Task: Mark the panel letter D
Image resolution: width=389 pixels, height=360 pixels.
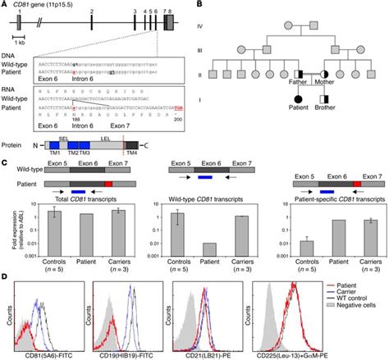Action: [6, 277]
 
